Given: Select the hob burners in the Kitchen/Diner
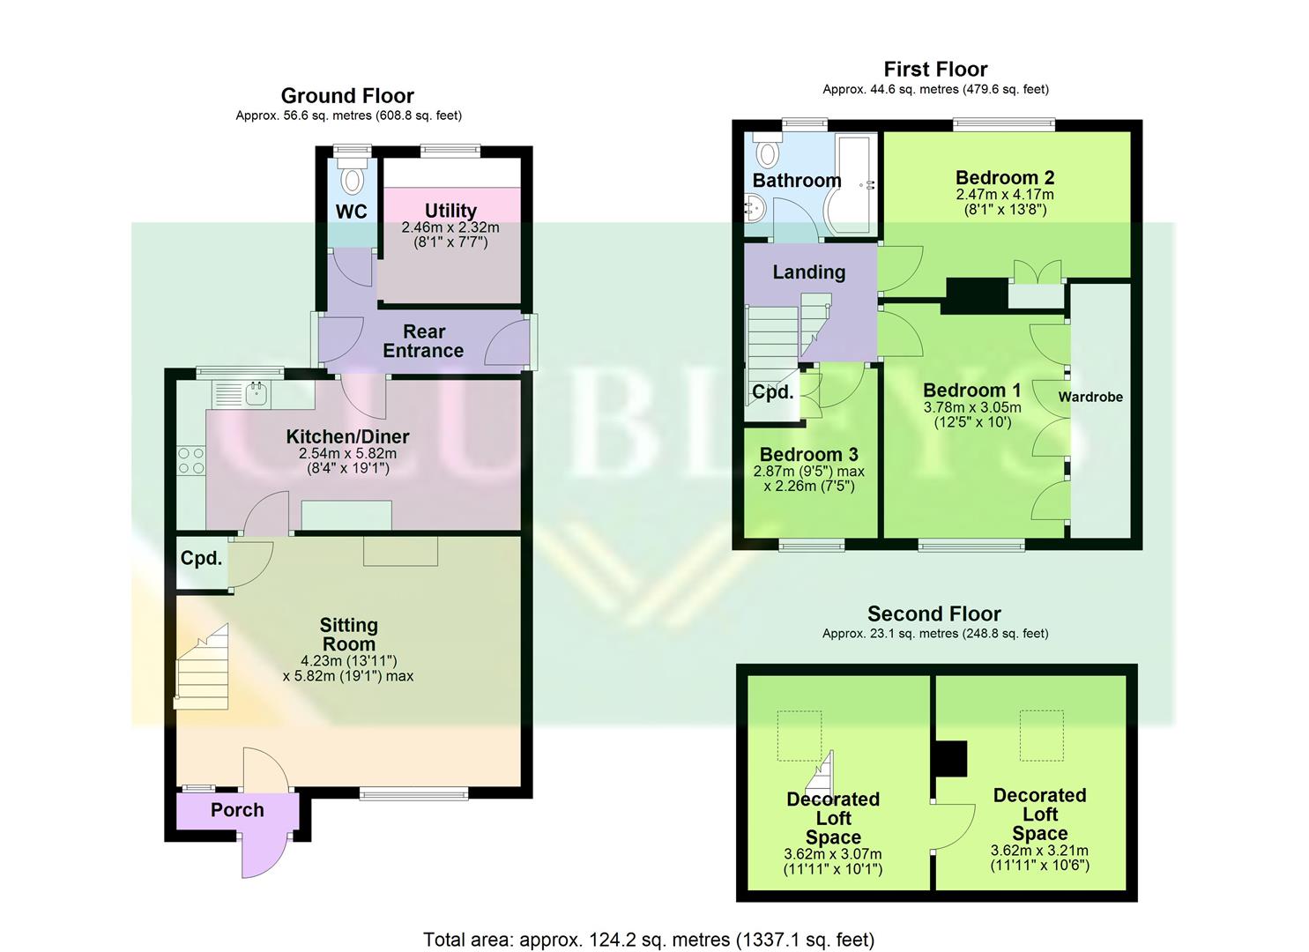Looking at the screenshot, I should (191, 460).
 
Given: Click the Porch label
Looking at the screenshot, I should (237, 810).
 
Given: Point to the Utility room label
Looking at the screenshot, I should (450, 211).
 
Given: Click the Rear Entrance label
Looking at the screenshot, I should (423, 341).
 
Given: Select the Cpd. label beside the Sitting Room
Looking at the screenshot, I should (201, 559).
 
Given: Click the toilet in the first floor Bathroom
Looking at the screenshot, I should (768, 152).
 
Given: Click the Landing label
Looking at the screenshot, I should (808, 272).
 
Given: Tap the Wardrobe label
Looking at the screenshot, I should (1090, 398).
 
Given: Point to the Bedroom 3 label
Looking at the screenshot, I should (808, 455).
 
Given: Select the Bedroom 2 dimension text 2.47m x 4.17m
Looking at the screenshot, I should (1005, 195).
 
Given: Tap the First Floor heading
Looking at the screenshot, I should (935, 70).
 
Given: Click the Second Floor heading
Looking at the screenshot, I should (934, 614).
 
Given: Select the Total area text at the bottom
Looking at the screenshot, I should (649, 940).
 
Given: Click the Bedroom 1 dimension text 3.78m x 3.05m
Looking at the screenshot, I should (972, 407).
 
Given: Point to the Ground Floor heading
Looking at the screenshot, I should (347, 96).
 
